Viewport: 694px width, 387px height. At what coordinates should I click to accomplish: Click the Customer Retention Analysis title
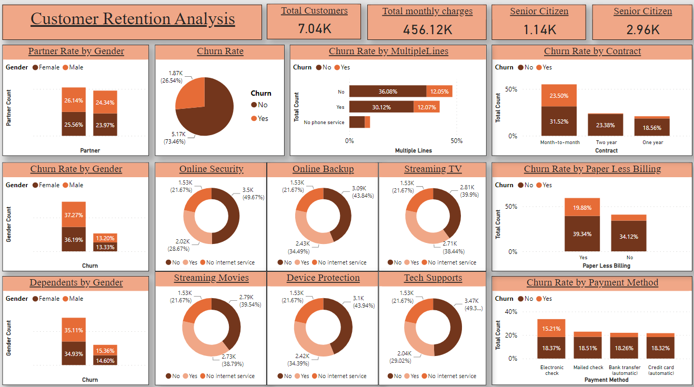click(x=133, y=19)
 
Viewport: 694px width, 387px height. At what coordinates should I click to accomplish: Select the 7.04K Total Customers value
click(x=315, y=28)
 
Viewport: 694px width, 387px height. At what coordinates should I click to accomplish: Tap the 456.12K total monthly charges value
click(x=427, y=29)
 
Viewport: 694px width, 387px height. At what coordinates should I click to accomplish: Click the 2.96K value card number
click(x=642, y=29)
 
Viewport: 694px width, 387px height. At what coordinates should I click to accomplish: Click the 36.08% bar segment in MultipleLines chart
click(x=388, y=91)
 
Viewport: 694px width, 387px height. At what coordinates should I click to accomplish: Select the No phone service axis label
click(x=324, y=122)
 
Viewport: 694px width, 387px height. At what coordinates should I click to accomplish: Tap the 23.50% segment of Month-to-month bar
click(x=559, y=96)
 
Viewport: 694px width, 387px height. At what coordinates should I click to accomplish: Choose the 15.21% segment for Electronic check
click(x=551, y=328)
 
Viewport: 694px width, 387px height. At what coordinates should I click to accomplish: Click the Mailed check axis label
click(x=588, y=368)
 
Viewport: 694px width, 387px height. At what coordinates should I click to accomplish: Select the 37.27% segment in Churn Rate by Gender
click(x=74, y=215)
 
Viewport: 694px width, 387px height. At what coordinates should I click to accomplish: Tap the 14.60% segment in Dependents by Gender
click(x=105, y=361)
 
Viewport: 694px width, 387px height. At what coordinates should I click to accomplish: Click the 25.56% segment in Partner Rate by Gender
click(x=74, y=125)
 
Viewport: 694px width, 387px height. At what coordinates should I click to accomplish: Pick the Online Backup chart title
click(x=323, y=169)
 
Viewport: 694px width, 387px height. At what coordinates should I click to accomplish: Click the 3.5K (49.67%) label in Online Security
click(x=253, y=193)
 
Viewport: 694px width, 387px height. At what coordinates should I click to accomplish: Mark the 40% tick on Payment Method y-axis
click(x=511, y=311)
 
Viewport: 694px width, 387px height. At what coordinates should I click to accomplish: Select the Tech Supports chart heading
click(x=433, y=278)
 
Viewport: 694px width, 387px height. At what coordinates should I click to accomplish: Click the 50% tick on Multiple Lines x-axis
click(x=457, y=141)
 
